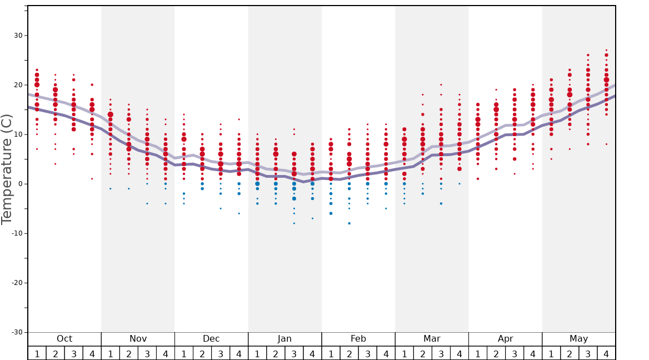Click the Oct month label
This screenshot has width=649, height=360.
click(64, 339)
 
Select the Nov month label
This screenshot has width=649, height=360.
click(138, 339)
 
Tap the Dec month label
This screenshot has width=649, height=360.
click(211, 339)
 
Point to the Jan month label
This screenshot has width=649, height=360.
click(284, 339)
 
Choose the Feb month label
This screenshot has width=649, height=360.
click(358, 339)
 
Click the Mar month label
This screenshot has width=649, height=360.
click(432, 339)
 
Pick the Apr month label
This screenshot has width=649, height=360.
click(505, 339)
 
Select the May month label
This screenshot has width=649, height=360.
click(578, 339)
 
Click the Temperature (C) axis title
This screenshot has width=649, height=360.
click(7, 169)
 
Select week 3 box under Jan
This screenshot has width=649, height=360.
click(294, 353)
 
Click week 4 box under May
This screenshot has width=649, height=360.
click(606, 353)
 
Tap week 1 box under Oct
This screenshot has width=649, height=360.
click(37, 353)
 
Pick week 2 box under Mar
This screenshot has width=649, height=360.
click(422, 353)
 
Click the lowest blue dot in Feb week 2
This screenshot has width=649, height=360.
click(349, 223)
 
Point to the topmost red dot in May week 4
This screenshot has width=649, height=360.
click(606, 50)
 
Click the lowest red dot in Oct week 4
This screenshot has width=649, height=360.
click(92, 178)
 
